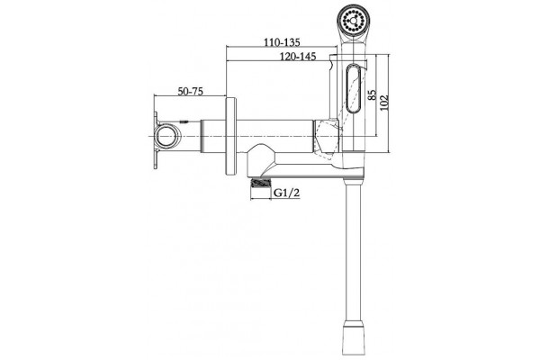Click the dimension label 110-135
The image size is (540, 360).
click(282, 42)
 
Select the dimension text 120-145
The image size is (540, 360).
click(298, 56)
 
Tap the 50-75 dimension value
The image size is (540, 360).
click(191, 91)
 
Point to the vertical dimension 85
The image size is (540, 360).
click(371, 94)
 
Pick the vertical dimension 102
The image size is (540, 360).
click(384, 103)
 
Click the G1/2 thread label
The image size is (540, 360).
click(286, 193)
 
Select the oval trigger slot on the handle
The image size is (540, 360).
click(353, 88)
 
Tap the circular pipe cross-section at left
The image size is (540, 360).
click(167, 136)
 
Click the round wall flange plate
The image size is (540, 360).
click(230, 137)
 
